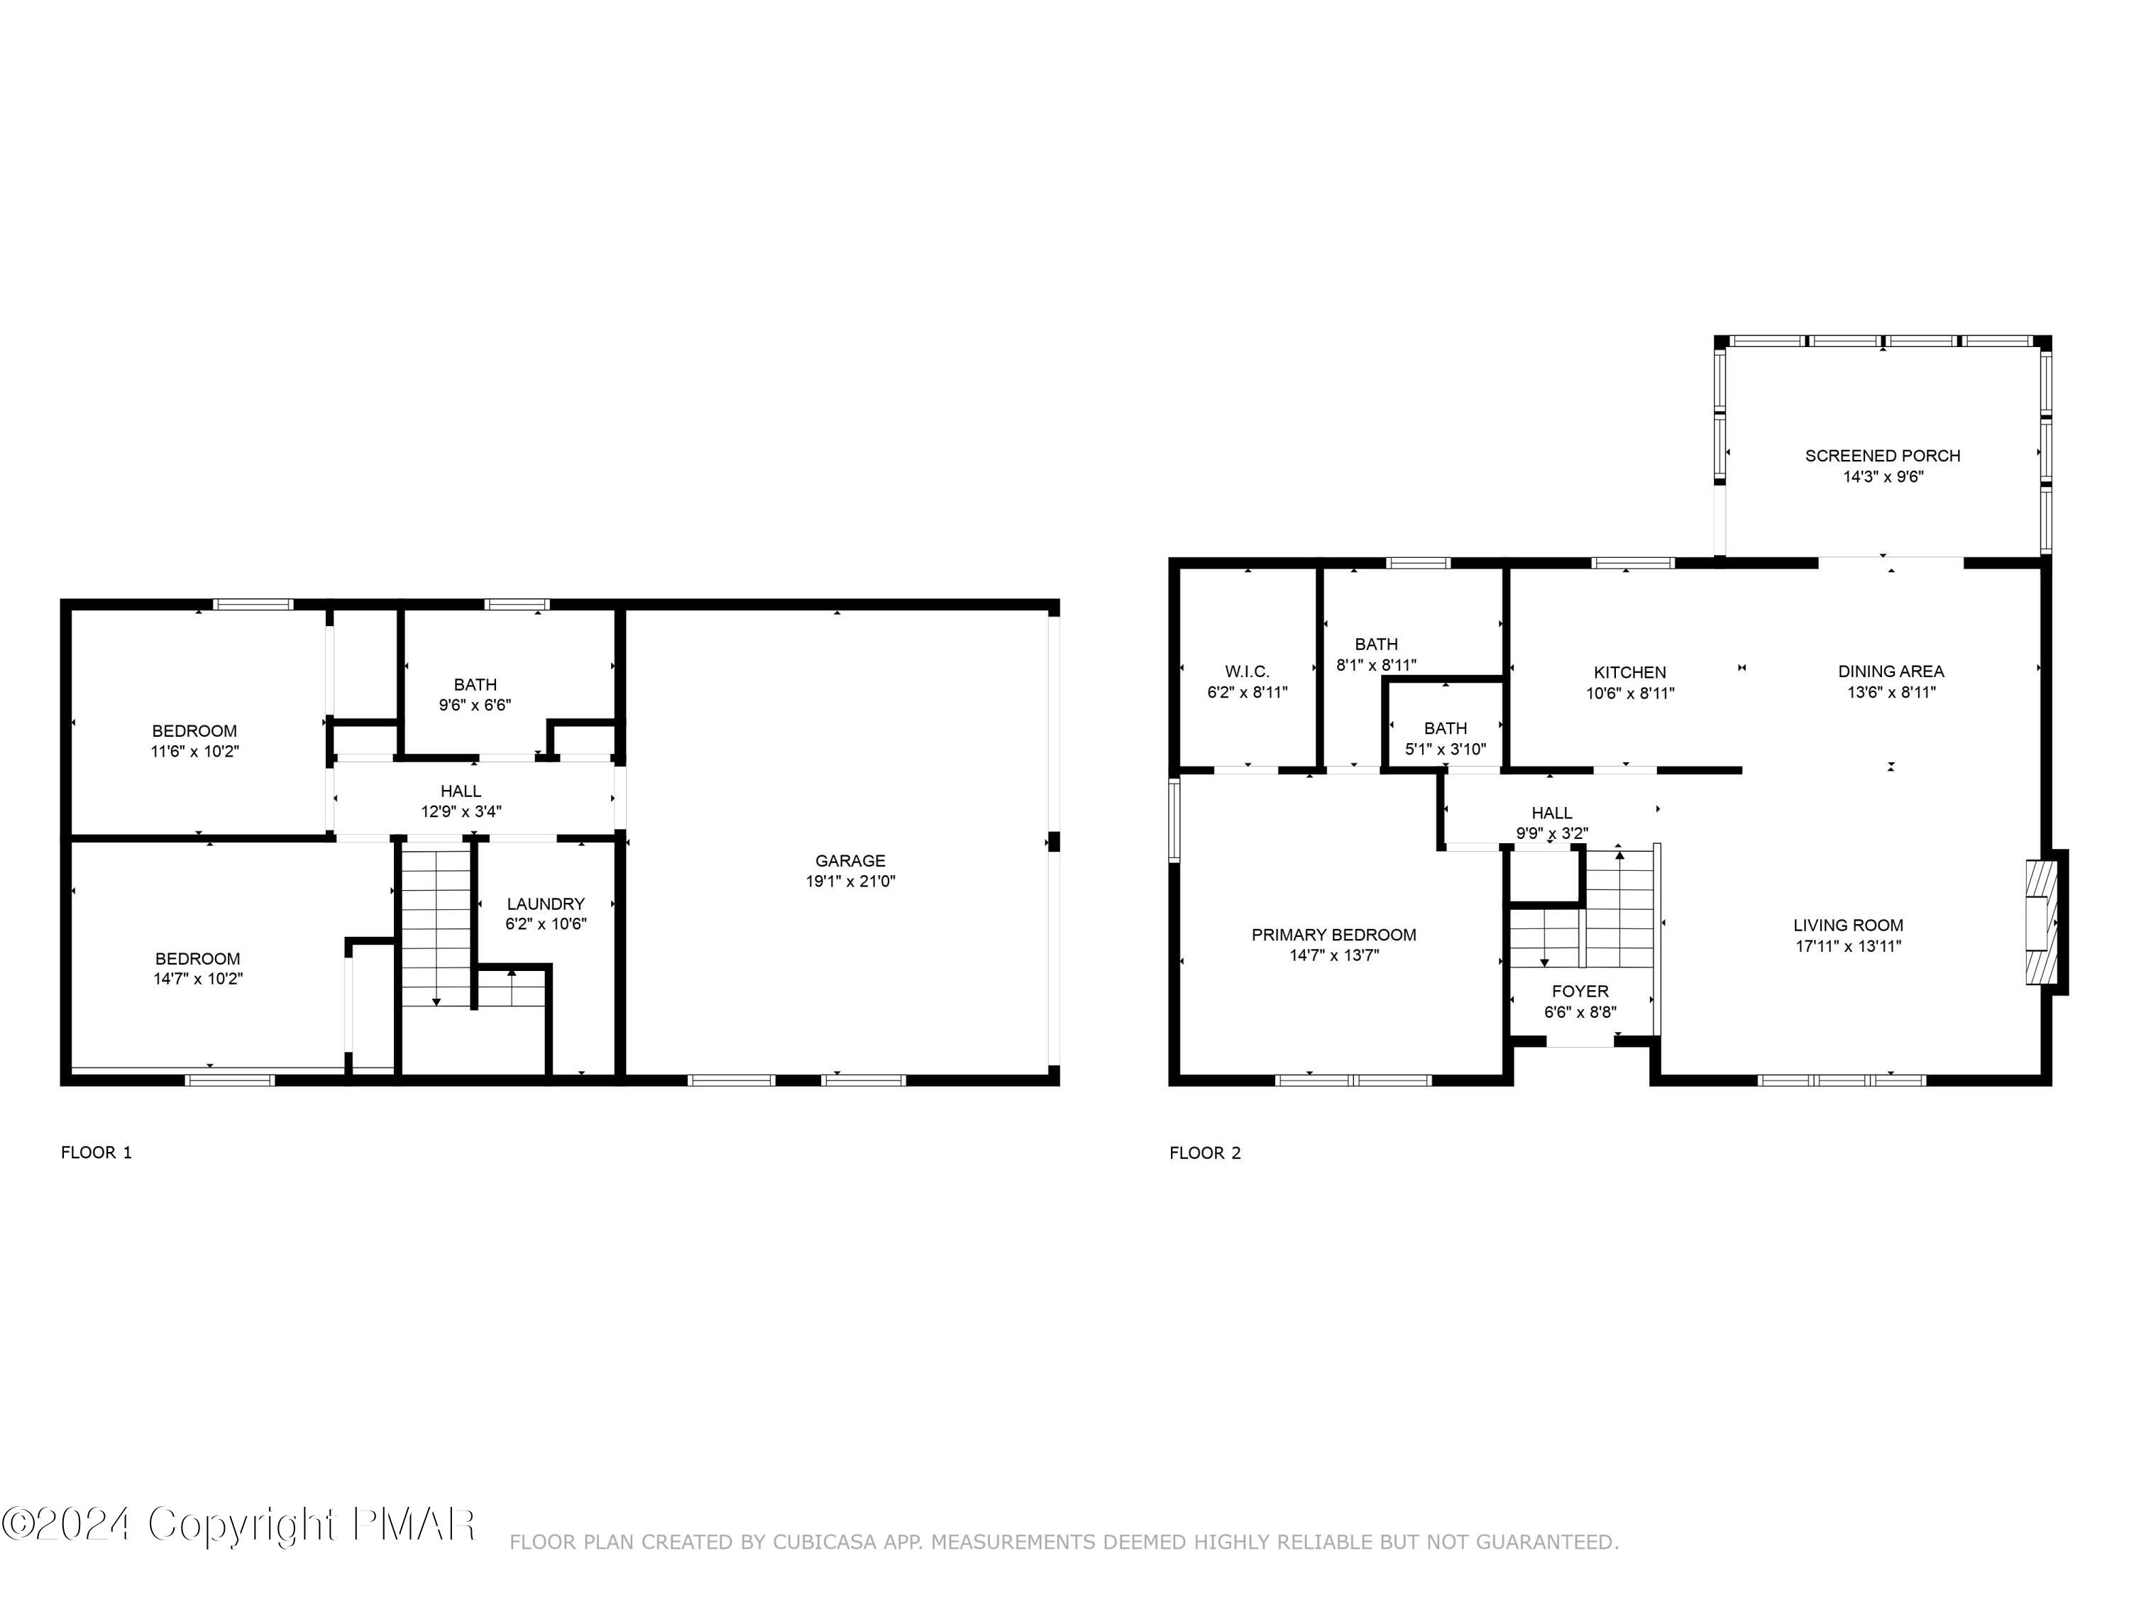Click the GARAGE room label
click(850, 860)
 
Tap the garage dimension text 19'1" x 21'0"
click(850, 881)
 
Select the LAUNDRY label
click(546, 904)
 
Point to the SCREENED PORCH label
click(1883, 456)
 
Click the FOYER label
click(1580, 991)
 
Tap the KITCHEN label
click(1629, 672)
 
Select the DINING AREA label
click(1891, 671)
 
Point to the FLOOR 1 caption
click(97, 1152)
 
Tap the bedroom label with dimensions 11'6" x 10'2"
click(194, 730)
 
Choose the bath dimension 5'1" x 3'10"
click(1446, 748)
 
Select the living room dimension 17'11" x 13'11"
click(1848, 946)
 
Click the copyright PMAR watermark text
click(238, 1524)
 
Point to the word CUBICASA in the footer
click(825, 1542)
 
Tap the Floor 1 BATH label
click(475, 684)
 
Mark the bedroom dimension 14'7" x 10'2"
click(197, 979)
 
